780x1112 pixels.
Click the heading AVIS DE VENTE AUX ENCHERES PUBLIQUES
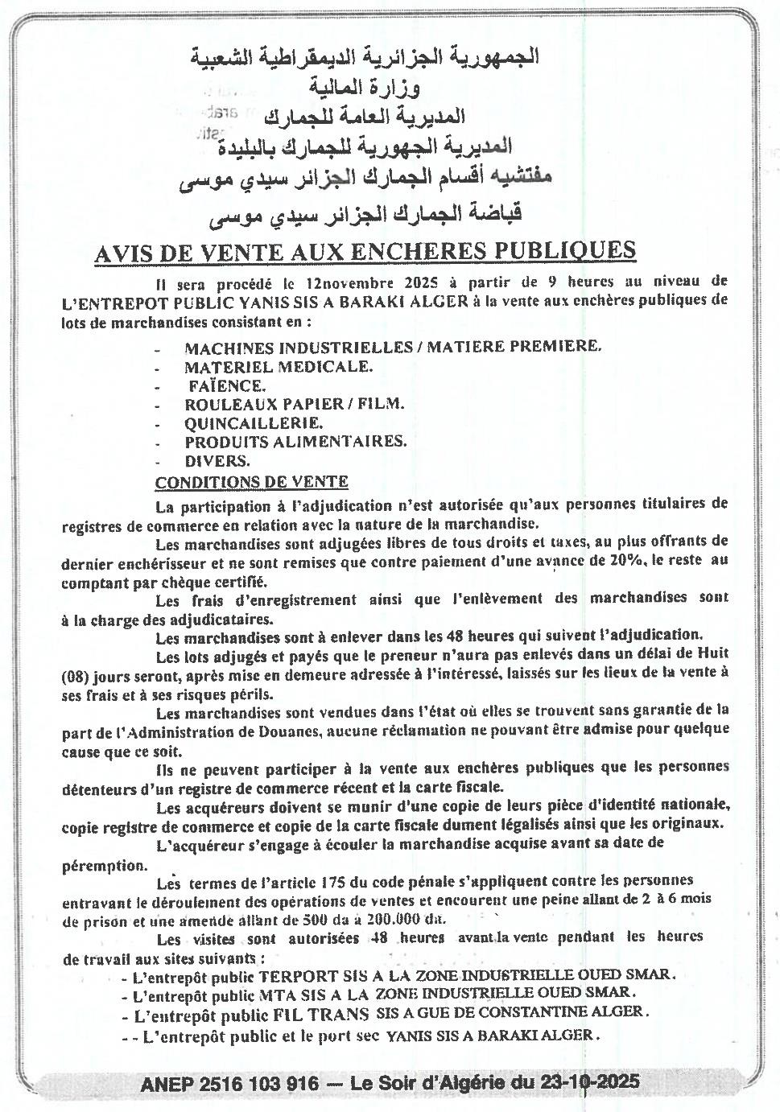[365, 252]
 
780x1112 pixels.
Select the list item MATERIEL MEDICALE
[279, 367]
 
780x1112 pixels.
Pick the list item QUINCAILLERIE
[254, 422]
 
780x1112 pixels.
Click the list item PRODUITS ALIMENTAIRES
[295, 441]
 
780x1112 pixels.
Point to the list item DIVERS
[217, 461]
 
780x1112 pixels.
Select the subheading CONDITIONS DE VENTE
[251, 482]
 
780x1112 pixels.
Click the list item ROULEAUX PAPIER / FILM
[294, 404]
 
